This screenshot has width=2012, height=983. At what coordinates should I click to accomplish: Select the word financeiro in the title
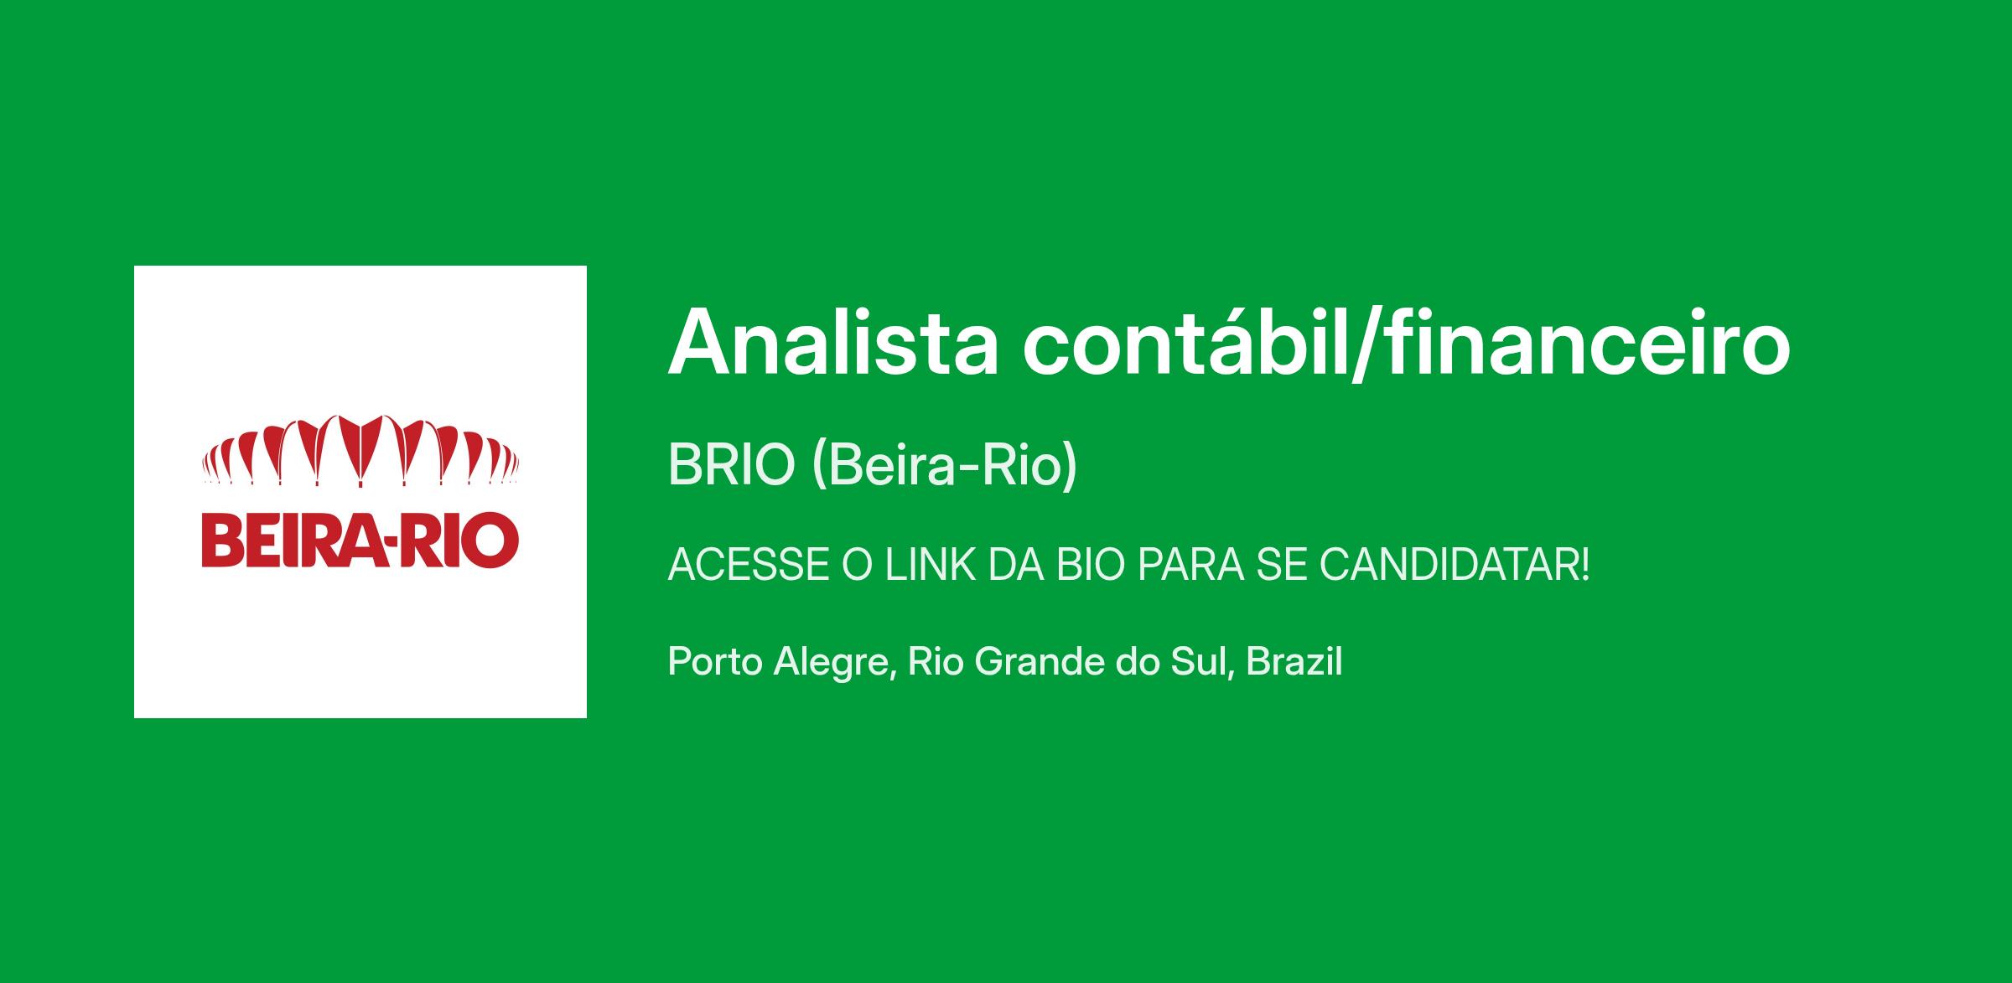pos(1586,342)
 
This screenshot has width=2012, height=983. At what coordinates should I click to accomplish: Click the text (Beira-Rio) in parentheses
pos(945,466)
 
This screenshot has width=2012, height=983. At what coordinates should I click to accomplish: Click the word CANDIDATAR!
pos(1455,566)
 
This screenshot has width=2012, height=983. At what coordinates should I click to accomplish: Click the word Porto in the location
pos(715,662)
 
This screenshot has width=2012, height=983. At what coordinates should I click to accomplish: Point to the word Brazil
pos(1294,661)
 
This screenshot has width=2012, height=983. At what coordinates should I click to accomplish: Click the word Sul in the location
pos(1206,662)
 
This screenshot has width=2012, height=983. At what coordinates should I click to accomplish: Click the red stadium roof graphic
pos(360,450)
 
